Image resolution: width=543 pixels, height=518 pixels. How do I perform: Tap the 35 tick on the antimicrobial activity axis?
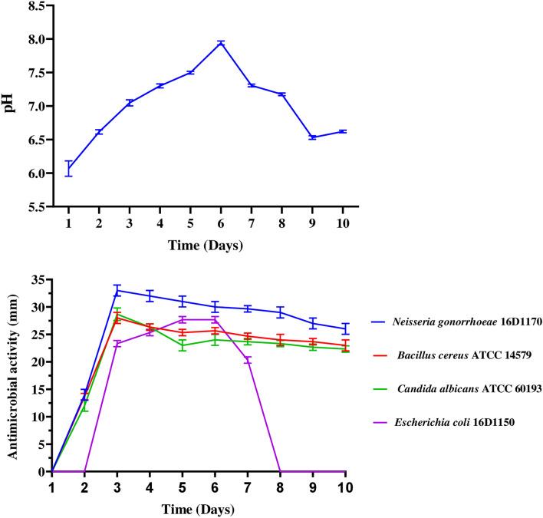click(x=38, y=279)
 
